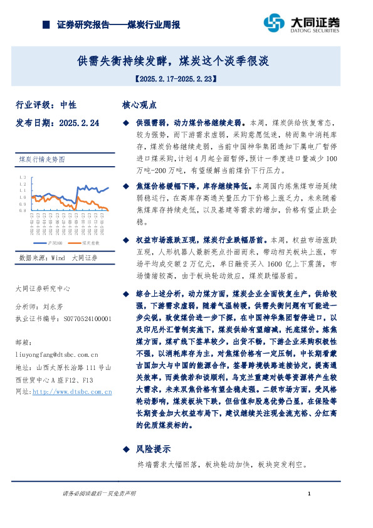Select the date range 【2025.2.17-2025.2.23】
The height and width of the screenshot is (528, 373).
tap(175, 80)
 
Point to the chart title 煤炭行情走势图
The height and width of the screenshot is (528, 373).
tap(43, 159)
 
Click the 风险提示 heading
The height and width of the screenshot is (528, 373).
tap(153, 449)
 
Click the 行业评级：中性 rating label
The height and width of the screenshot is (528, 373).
tap(45, 105)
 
